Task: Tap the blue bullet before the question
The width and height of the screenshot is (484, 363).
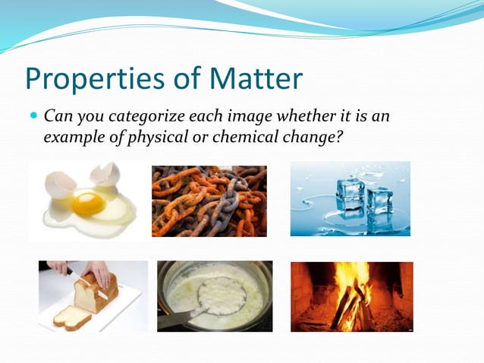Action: pos(33,118)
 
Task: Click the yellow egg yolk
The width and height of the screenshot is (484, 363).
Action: pos(89,203)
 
